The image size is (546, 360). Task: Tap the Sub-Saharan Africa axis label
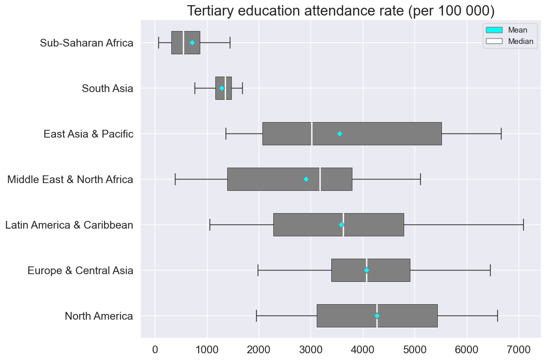tap(86, 43)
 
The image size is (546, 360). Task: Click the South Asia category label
tap(107, 88)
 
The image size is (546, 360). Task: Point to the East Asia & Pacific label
tap(88, 134)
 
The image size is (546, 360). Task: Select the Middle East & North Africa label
tap(70, 179)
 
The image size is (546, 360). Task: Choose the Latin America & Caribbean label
tap(69, 225)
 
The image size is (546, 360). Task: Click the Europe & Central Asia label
tap(80, 271)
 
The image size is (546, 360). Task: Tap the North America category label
tap(99, 316)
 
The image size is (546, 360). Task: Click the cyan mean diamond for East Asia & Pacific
tap(340, 133)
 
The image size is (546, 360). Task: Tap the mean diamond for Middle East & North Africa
tap(306, 179)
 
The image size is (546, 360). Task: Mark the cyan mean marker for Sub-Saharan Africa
tap(192, 42)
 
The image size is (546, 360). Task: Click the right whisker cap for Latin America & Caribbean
tap(523, 224)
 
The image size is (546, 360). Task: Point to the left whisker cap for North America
tap(256, 316)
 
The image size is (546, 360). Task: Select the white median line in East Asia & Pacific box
tap(312, 133)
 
